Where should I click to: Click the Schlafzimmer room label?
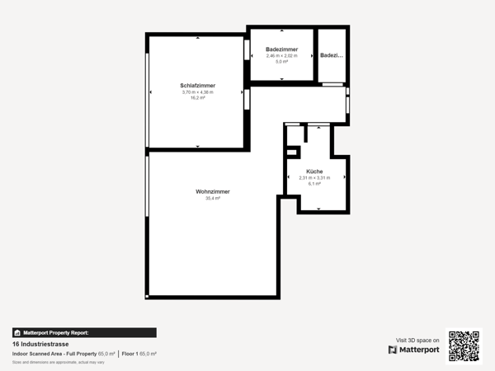[x=197, y=86]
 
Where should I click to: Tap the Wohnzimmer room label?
[x=213, y=191]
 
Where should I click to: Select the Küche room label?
[x=313, y=171]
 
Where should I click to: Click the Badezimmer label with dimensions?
[x=281, y=49]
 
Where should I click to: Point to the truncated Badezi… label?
[x=332, y=55]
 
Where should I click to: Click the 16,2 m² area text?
[x=197, y=97]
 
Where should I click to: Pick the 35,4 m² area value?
[x=213, y=198]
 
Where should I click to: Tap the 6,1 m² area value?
[x=313, y=184]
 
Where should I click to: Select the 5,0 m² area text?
[x=281, y=62]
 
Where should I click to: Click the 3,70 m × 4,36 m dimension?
[x=197, y=92]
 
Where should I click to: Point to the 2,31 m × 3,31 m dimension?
[x=313, y=178]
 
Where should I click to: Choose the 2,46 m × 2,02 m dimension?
[x=281, y=56]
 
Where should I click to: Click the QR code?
[x=464, y=346]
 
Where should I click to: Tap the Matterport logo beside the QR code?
[x=414, y=350]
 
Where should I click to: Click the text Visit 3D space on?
[x=417, y=340]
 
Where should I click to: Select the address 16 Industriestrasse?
[x=39, y=344]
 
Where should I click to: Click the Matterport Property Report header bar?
[x=84, y=333]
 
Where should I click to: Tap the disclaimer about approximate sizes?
[x=58, y=362]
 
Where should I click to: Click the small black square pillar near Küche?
[x=292, y=152]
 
